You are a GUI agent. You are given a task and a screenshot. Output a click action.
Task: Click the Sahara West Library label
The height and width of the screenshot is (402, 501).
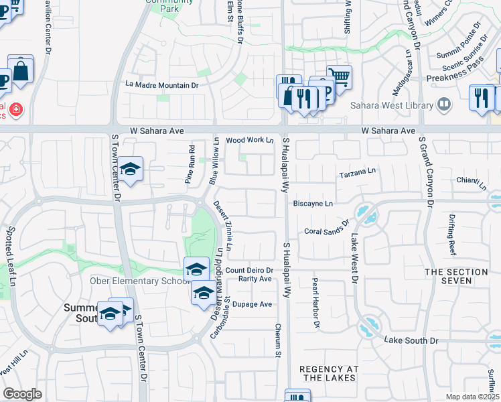pyautogui.click(x=391, y=105)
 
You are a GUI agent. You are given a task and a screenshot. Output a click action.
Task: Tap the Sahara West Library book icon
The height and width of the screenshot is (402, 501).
pyautogui.click(x=443, y=104)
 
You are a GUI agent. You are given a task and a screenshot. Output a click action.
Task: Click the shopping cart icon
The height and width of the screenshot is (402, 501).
pyautogui.click(x=340, y=77)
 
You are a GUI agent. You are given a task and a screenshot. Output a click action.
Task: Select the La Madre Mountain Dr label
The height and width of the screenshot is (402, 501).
pyautogui.click(x=163, y=85)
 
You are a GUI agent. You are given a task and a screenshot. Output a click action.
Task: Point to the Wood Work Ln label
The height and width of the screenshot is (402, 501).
pyautogui.click(x=250, y=140)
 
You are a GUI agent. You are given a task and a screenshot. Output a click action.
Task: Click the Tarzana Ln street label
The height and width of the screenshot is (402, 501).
pyautogui.click(x=358, y=172)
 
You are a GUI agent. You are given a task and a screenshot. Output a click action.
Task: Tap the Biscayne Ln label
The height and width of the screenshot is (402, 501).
pyautogui.click(x=313, y=203)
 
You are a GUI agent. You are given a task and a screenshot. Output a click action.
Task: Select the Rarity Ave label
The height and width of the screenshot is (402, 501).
pyautogui.click(x=257, y=279)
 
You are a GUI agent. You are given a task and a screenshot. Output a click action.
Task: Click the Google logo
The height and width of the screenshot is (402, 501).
pyautogui.click(x=22, y=394)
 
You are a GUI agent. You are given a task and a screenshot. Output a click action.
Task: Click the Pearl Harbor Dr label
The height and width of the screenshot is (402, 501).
pyautogui.click(x=315, y=303)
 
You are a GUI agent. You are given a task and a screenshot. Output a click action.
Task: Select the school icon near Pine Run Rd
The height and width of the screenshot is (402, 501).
pyautogui.click(x=130, y=170)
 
